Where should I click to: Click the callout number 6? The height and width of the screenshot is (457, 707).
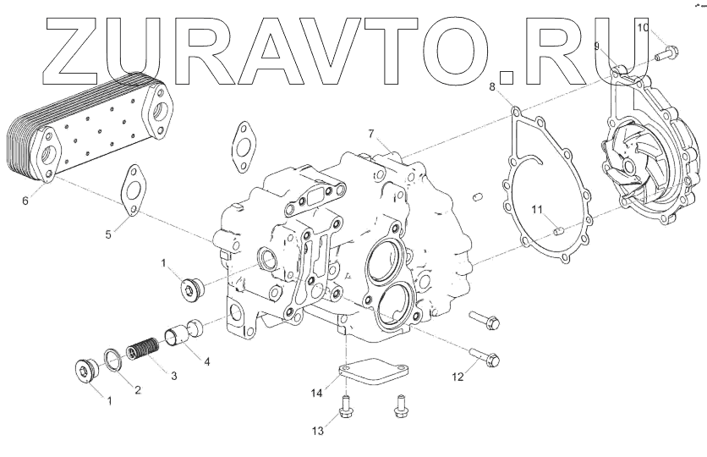pos(25,201)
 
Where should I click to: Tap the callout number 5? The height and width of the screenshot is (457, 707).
pos(108,234)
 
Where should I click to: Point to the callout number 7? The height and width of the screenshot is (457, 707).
pos(370,134)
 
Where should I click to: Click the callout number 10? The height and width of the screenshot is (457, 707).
pos(643,28)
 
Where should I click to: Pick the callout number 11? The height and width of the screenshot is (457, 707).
pos(536,209)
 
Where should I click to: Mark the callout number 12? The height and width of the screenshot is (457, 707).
pos(458,377)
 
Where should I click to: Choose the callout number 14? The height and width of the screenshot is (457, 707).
pos(316,393)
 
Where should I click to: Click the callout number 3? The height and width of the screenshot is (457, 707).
pos(173,376)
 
